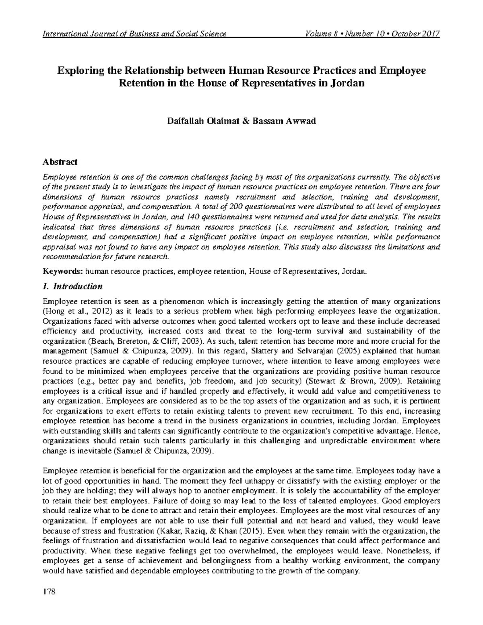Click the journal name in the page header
(135, 33)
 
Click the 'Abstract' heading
(60, 162)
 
